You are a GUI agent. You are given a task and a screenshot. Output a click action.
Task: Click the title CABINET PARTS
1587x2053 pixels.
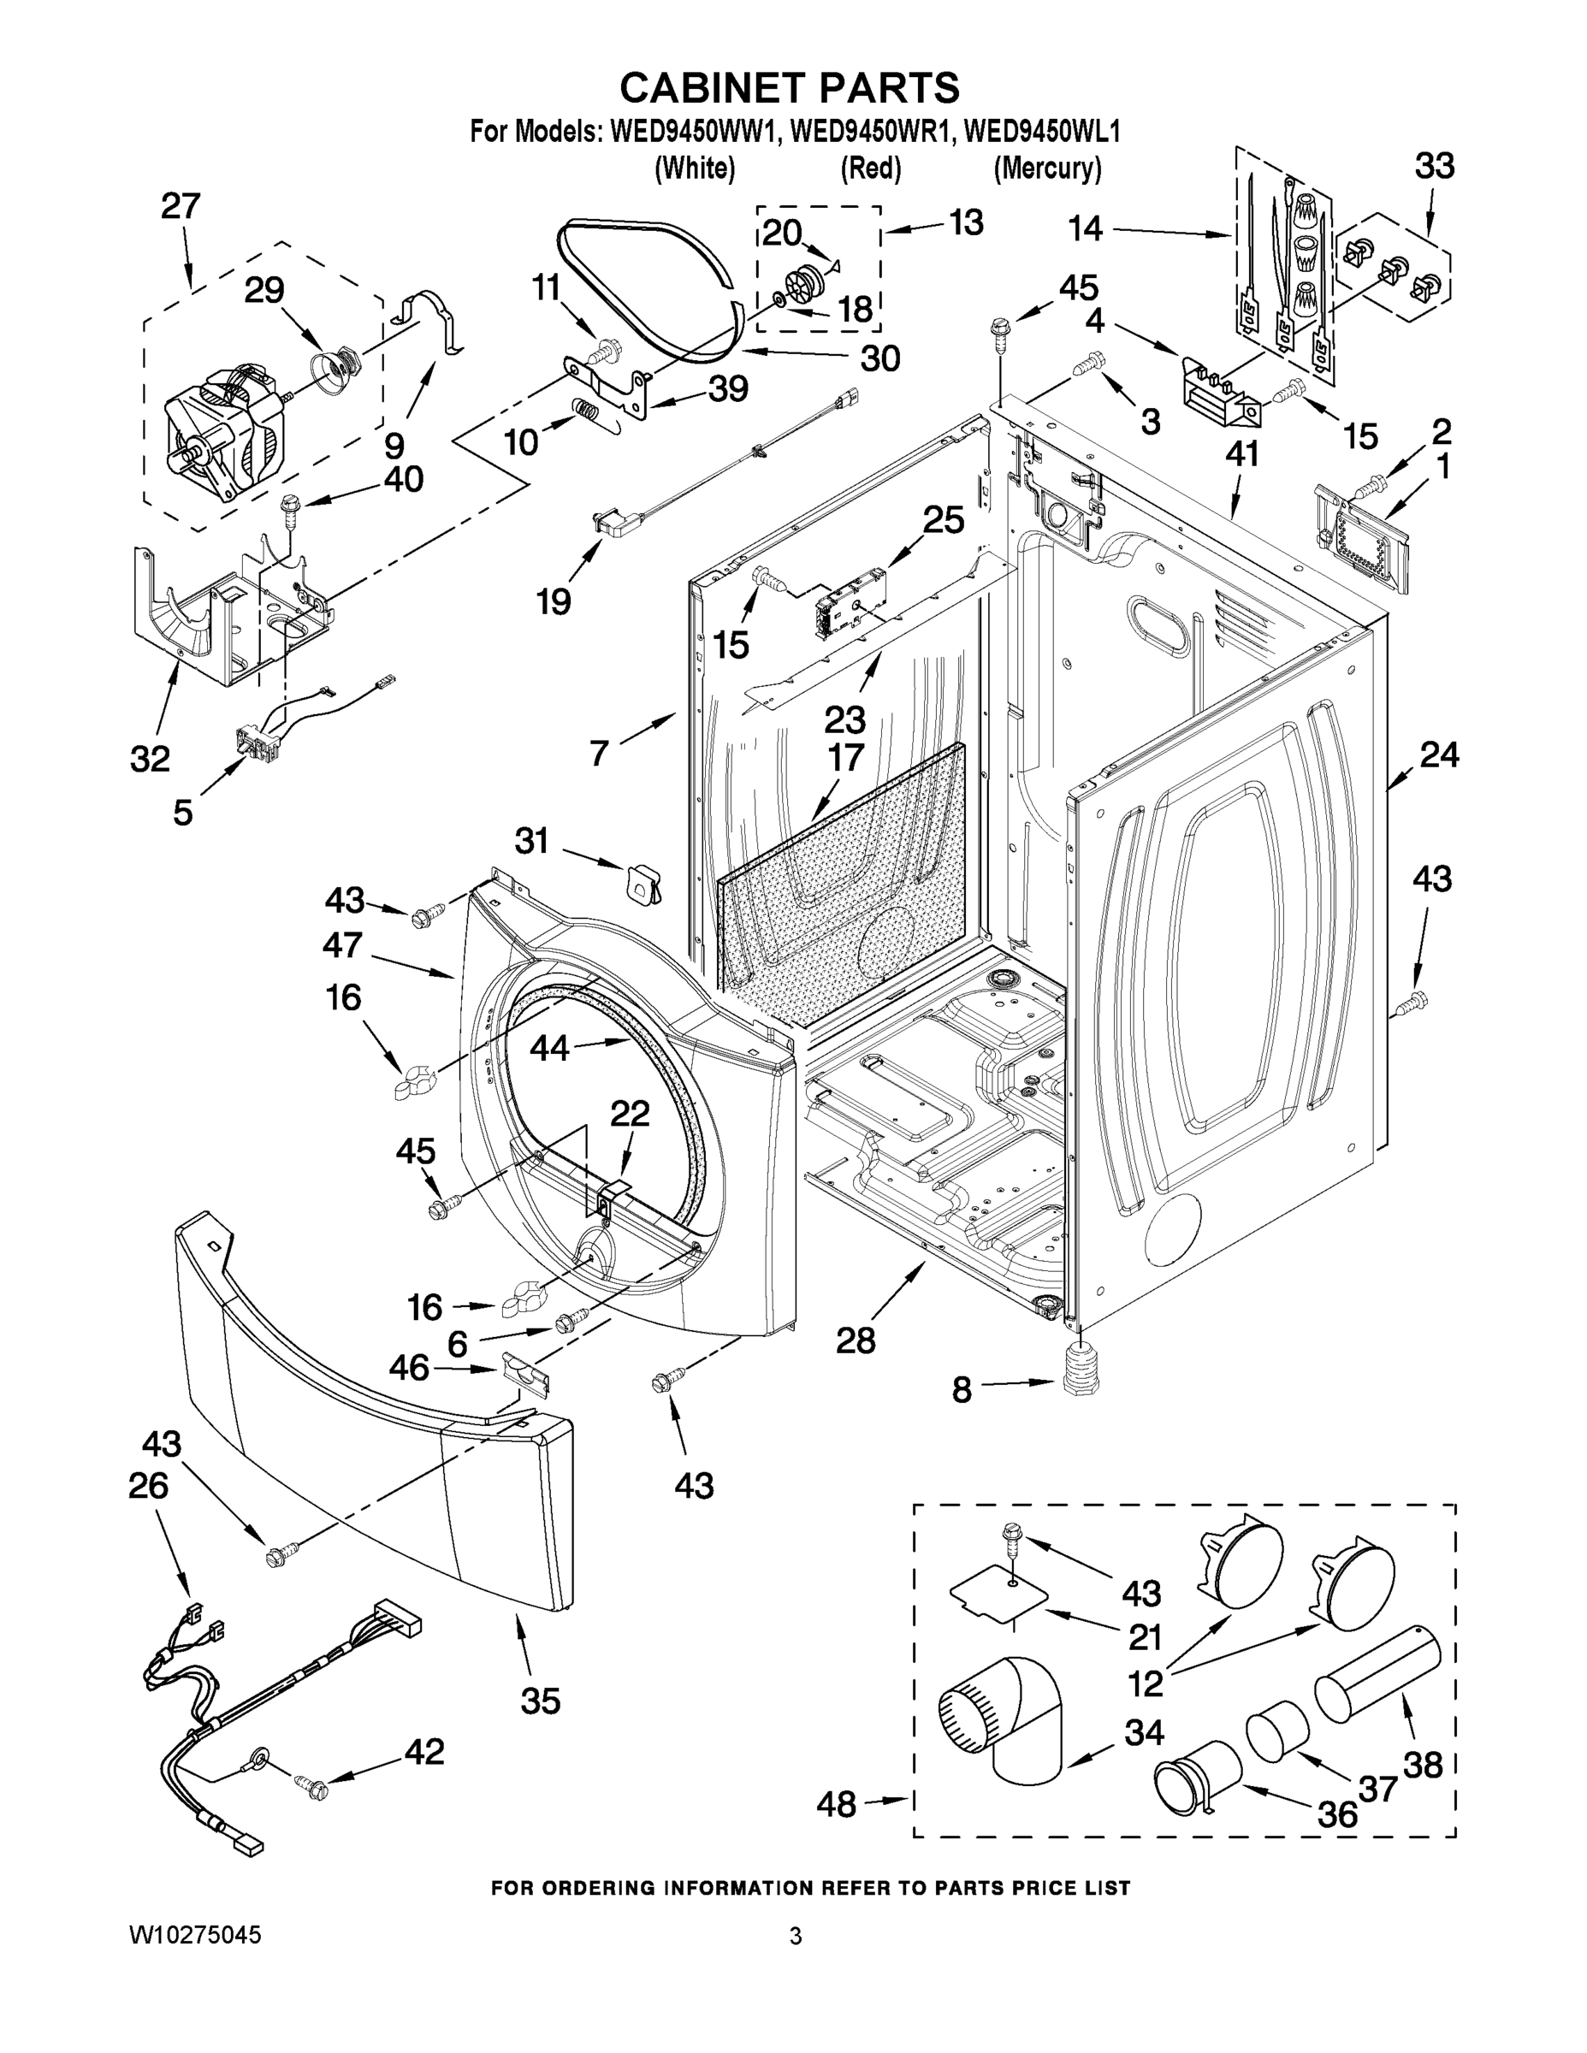790,87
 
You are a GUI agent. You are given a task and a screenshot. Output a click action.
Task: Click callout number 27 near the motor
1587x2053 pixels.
181,206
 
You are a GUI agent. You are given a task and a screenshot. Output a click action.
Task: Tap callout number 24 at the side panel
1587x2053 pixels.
1438,754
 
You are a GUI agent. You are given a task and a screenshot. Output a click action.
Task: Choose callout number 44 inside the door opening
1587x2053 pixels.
549,1047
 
